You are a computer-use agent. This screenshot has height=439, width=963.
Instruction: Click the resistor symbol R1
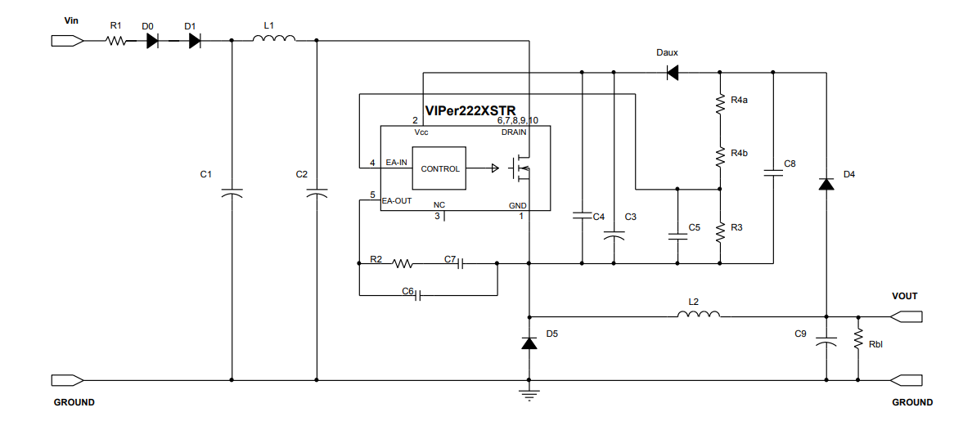click(x=115, y=40)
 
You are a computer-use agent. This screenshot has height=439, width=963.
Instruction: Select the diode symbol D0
click(x=152, y=40)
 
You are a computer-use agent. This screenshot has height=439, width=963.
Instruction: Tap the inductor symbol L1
click(x=274, y=38)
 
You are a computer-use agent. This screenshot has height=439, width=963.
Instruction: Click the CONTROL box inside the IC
click(x=439, y=168)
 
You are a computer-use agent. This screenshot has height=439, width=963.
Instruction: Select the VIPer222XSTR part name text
click(x=470, y=111)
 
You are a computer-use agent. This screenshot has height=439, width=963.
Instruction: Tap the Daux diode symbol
click(x=673, y=73)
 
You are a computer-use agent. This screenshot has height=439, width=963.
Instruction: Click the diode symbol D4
click(x=826, y=184)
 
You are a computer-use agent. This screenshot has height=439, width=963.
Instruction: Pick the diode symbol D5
click(x=529, y=343)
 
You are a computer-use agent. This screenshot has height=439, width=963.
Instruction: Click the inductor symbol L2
click(x=699, y=314)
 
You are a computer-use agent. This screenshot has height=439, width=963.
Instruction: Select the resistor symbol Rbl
click(x=858, y=338)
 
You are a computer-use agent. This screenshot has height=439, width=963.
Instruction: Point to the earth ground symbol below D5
click(x=529, y=396)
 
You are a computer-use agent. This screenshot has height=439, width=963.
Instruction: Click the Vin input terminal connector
click(x=66, y=40)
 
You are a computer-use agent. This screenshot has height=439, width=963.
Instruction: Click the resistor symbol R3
click(x=720, y=232)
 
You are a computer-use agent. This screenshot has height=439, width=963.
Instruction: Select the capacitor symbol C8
click(x=772, y=172)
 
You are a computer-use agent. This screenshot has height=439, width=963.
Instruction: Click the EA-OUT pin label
click(x=397, y=199)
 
